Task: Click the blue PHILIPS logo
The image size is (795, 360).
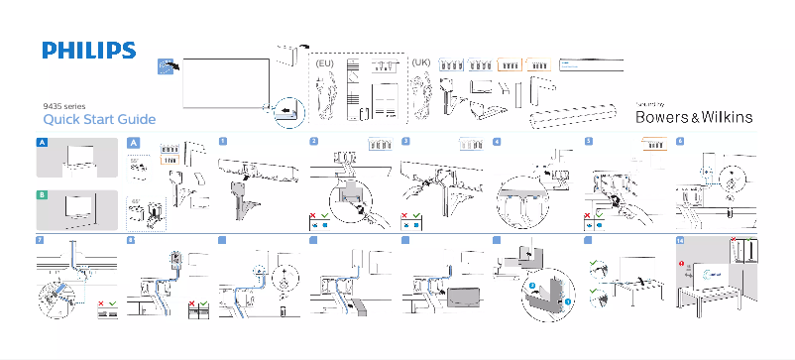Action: [x=88, y=52]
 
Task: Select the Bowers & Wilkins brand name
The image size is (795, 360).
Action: [x=693, y=117]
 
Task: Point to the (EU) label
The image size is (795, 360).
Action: [x=324, y=62]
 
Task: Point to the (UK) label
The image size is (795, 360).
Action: [x=420, y=62]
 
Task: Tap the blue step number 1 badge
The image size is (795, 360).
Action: [x=223, y=142]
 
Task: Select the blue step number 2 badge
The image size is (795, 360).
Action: [x=313, y=142]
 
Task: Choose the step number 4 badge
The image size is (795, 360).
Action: [x=497, y=142]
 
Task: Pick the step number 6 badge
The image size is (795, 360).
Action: [x=680, y=142]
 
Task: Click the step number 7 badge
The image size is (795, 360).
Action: [x=40, y=240]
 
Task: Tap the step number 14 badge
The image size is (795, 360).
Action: [x=680, y=240]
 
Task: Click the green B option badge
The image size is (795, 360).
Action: [x=42, y=195]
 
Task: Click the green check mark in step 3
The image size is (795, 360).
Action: [x=417, y=215]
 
